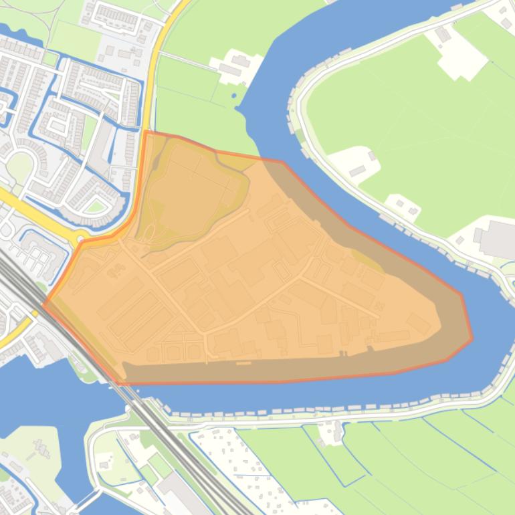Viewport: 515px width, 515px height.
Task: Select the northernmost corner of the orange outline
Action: tap(146, 132)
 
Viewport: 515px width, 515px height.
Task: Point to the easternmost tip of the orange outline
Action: tap(472, 338)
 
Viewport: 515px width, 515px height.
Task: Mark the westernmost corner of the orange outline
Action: tap(44, 305)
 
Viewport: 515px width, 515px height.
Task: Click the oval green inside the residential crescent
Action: tap(19, 167)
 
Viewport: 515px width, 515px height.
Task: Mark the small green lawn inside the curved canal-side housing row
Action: tap(95, 207)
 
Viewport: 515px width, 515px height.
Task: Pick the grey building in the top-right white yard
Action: tap(443, 33)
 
